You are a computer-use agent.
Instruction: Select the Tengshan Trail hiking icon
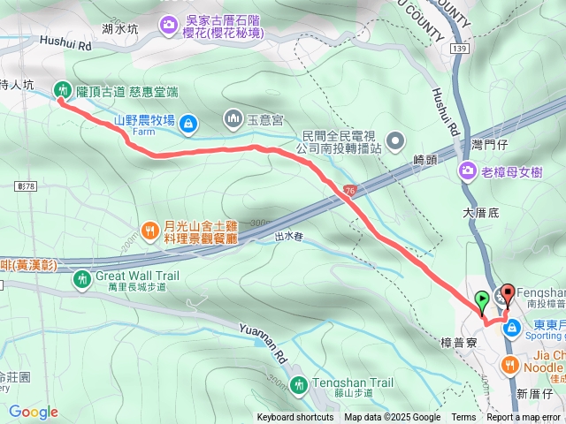tap(299, 384)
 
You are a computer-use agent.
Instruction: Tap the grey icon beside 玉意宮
tap(233, 117)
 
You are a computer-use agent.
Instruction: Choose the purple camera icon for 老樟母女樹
tap(466, 170)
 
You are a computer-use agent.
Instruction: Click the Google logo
tap(33, 412)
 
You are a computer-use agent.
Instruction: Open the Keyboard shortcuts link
tap(295, 418)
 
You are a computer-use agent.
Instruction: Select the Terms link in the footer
tap(463, 418)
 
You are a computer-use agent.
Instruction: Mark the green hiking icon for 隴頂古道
tap(62, 88)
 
